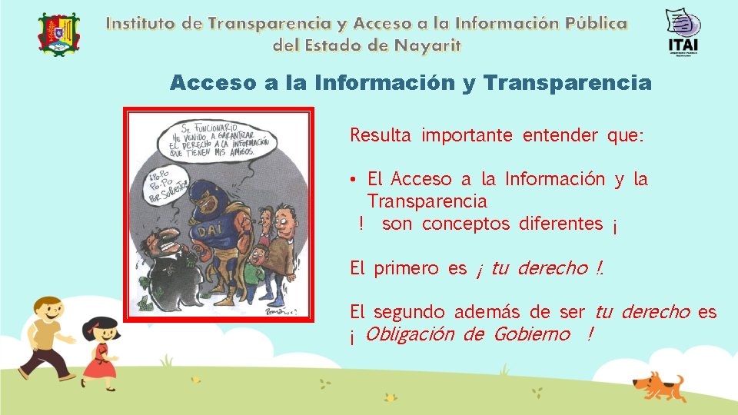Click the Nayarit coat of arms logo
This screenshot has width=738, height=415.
pyautogui.click(x=58, y=35)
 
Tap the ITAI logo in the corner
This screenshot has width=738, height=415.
pyautogui.click(x=683, y=32)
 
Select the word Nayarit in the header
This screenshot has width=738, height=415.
pyautogui.click(x=427, y=45)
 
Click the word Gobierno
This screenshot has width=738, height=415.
pyautogui.click(x=532, y=334)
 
